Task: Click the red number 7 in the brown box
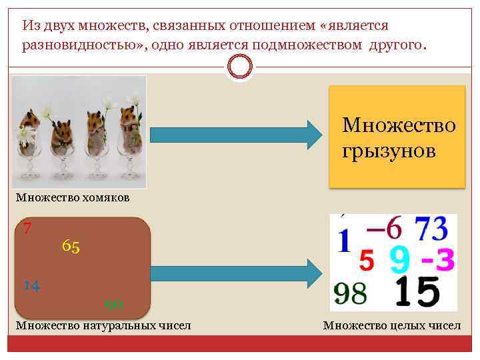27,229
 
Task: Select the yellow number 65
71,247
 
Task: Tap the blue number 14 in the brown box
31,286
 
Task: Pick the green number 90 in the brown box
114,305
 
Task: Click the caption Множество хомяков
73,197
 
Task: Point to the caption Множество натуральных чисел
103,325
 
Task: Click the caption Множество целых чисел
391,325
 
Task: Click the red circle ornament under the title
240,66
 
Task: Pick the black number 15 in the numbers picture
417,293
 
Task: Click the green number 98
351,294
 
